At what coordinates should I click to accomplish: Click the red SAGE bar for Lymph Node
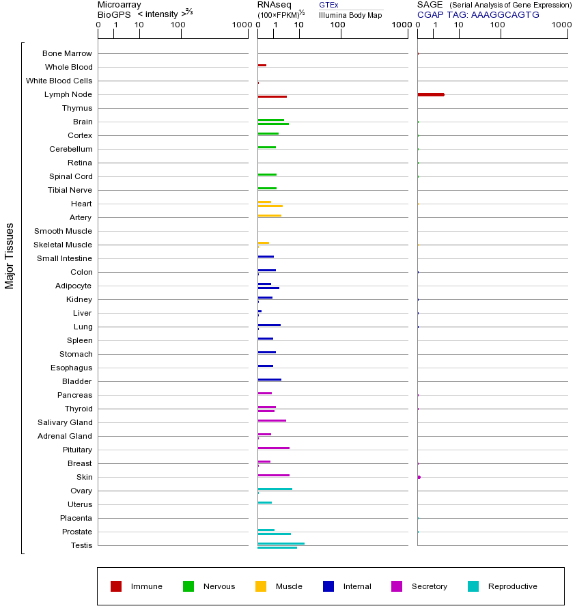(x=431, y=94)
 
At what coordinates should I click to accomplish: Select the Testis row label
(x=81, y=545)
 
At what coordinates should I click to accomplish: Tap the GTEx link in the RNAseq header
(x=328, y=5)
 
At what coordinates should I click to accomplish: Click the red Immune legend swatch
(x=116, y=586)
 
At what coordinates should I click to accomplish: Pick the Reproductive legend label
(x=512, y=586)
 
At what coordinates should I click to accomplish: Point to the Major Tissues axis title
(x=10, y=256)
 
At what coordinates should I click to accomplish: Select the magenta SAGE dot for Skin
(x=419, y=477)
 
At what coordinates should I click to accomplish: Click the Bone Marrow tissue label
(x=67, y=53)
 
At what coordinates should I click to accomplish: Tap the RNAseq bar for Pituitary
(x=273, y=448)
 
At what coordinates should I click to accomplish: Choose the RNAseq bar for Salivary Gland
(x=272, y=420)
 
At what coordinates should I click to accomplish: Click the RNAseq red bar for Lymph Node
(x=272, y=96)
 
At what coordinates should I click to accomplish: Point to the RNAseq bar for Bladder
(x=269, y=379)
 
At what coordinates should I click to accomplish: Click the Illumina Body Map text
(x=350, y=15)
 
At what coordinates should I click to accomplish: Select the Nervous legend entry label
(x=219, y=586)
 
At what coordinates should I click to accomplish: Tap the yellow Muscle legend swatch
(x=261, y=586)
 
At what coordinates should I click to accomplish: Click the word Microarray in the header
(x=120, y=5)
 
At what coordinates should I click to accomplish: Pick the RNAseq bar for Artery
(x=269, y=215)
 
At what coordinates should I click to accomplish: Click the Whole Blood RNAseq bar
(x=262, y=65)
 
